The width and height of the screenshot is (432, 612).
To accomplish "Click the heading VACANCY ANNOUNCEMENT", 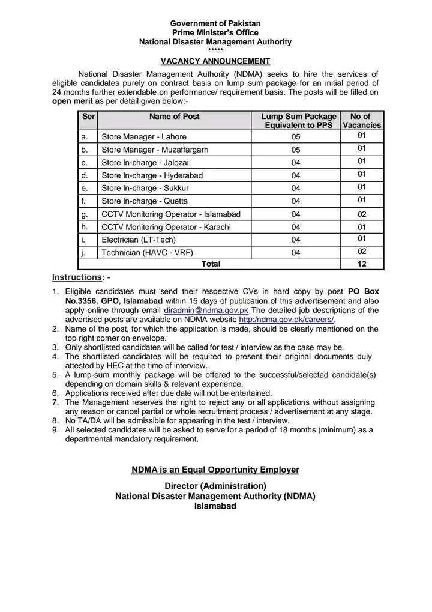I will (215, 61).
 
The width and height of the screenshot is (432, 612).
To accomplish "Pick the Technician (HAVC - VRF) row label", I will (148, 253).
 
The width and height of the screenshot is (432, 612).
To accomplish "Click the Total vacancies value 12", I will (362, 264).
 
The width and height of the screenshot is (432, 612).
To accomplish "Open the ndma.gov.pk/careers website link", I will (287, 320).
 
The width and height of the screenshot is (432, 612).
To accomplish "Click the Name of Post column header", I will (175, 117).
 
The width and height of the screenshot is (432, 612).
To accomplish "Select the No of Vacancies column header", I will (362, 121).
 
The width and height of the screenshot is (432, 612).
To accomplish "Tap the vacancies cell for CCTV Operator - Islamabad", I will (362, 214).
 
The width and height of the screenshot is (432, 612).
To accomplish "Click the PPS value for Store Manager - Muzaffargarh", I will (296, 150).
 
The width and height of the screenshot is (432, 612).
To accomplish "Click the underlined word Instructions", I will (77, 277).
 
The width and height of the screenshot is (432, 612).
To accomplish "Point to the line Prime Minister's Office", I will (215, 32).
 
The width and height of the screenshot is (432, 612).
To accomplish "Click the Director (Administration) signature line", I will (215, 485).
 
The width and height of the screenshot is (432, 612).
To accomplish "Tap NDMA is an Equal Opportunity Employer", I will (215, 470).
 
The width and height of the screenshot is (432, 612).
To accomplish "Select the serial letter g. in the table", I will (85, 214).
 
